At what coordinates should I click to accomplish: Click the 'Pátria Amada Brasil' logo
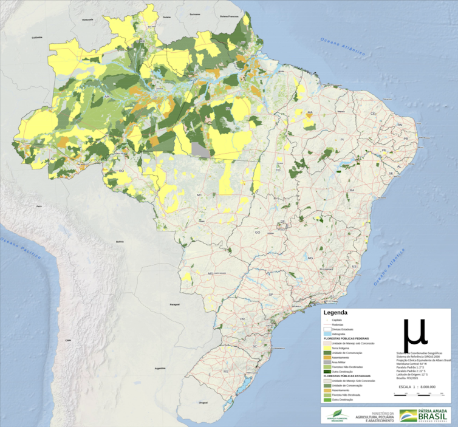pos(425,416)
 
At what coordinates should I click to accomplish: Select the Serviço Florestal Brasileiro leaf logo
pos(333,416)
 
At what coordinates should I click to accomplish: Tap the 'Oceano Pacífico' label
pos(21,247)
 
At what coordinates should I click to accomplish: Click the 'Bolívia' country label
pos(120,241)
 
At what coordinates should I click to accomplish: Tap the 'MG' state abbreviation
pos(310,258)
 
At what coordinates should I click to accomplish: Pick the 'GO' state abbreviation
pos(257,233)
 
